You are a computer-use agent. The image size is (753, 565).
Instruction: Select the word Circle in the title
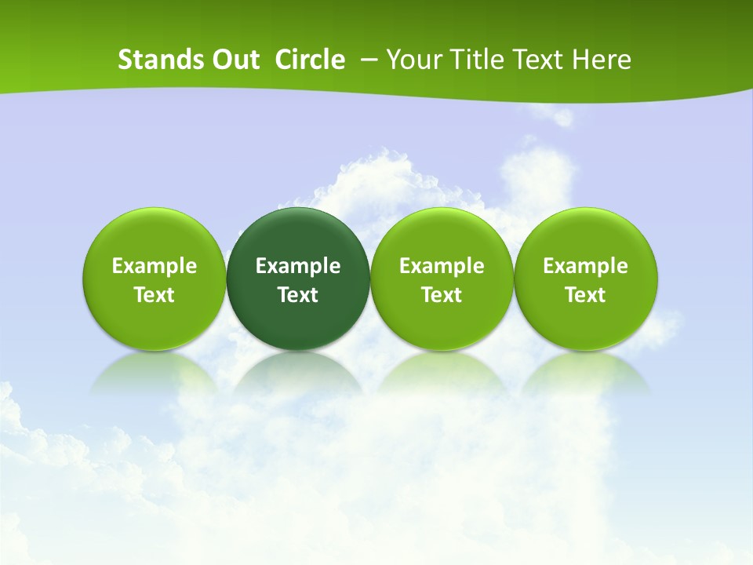(310, 60)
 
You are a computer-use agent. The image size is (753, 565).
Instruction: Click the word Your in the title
(413, 60)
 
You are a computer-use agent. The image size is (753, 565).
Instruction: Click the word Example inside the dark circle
(298, 266)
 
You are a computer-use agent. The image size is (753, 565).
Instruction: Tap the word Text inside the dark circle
(298, 295)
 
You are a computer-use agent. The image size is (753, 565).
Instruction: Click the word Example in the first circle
(155, 266)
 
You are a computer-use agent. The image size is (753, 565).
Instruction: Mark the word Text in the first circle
(155, 295)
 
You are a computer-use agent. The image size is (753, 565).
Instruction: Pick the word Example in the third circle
(442, 266)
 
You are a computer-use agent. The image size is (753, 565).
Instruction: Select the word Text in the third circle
(442, 295)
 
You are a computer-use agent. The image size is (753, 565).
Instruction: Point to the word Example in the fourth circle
(586, 266)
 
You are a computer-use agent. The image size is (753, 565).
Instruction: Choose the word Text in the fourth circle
(586, 295)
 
